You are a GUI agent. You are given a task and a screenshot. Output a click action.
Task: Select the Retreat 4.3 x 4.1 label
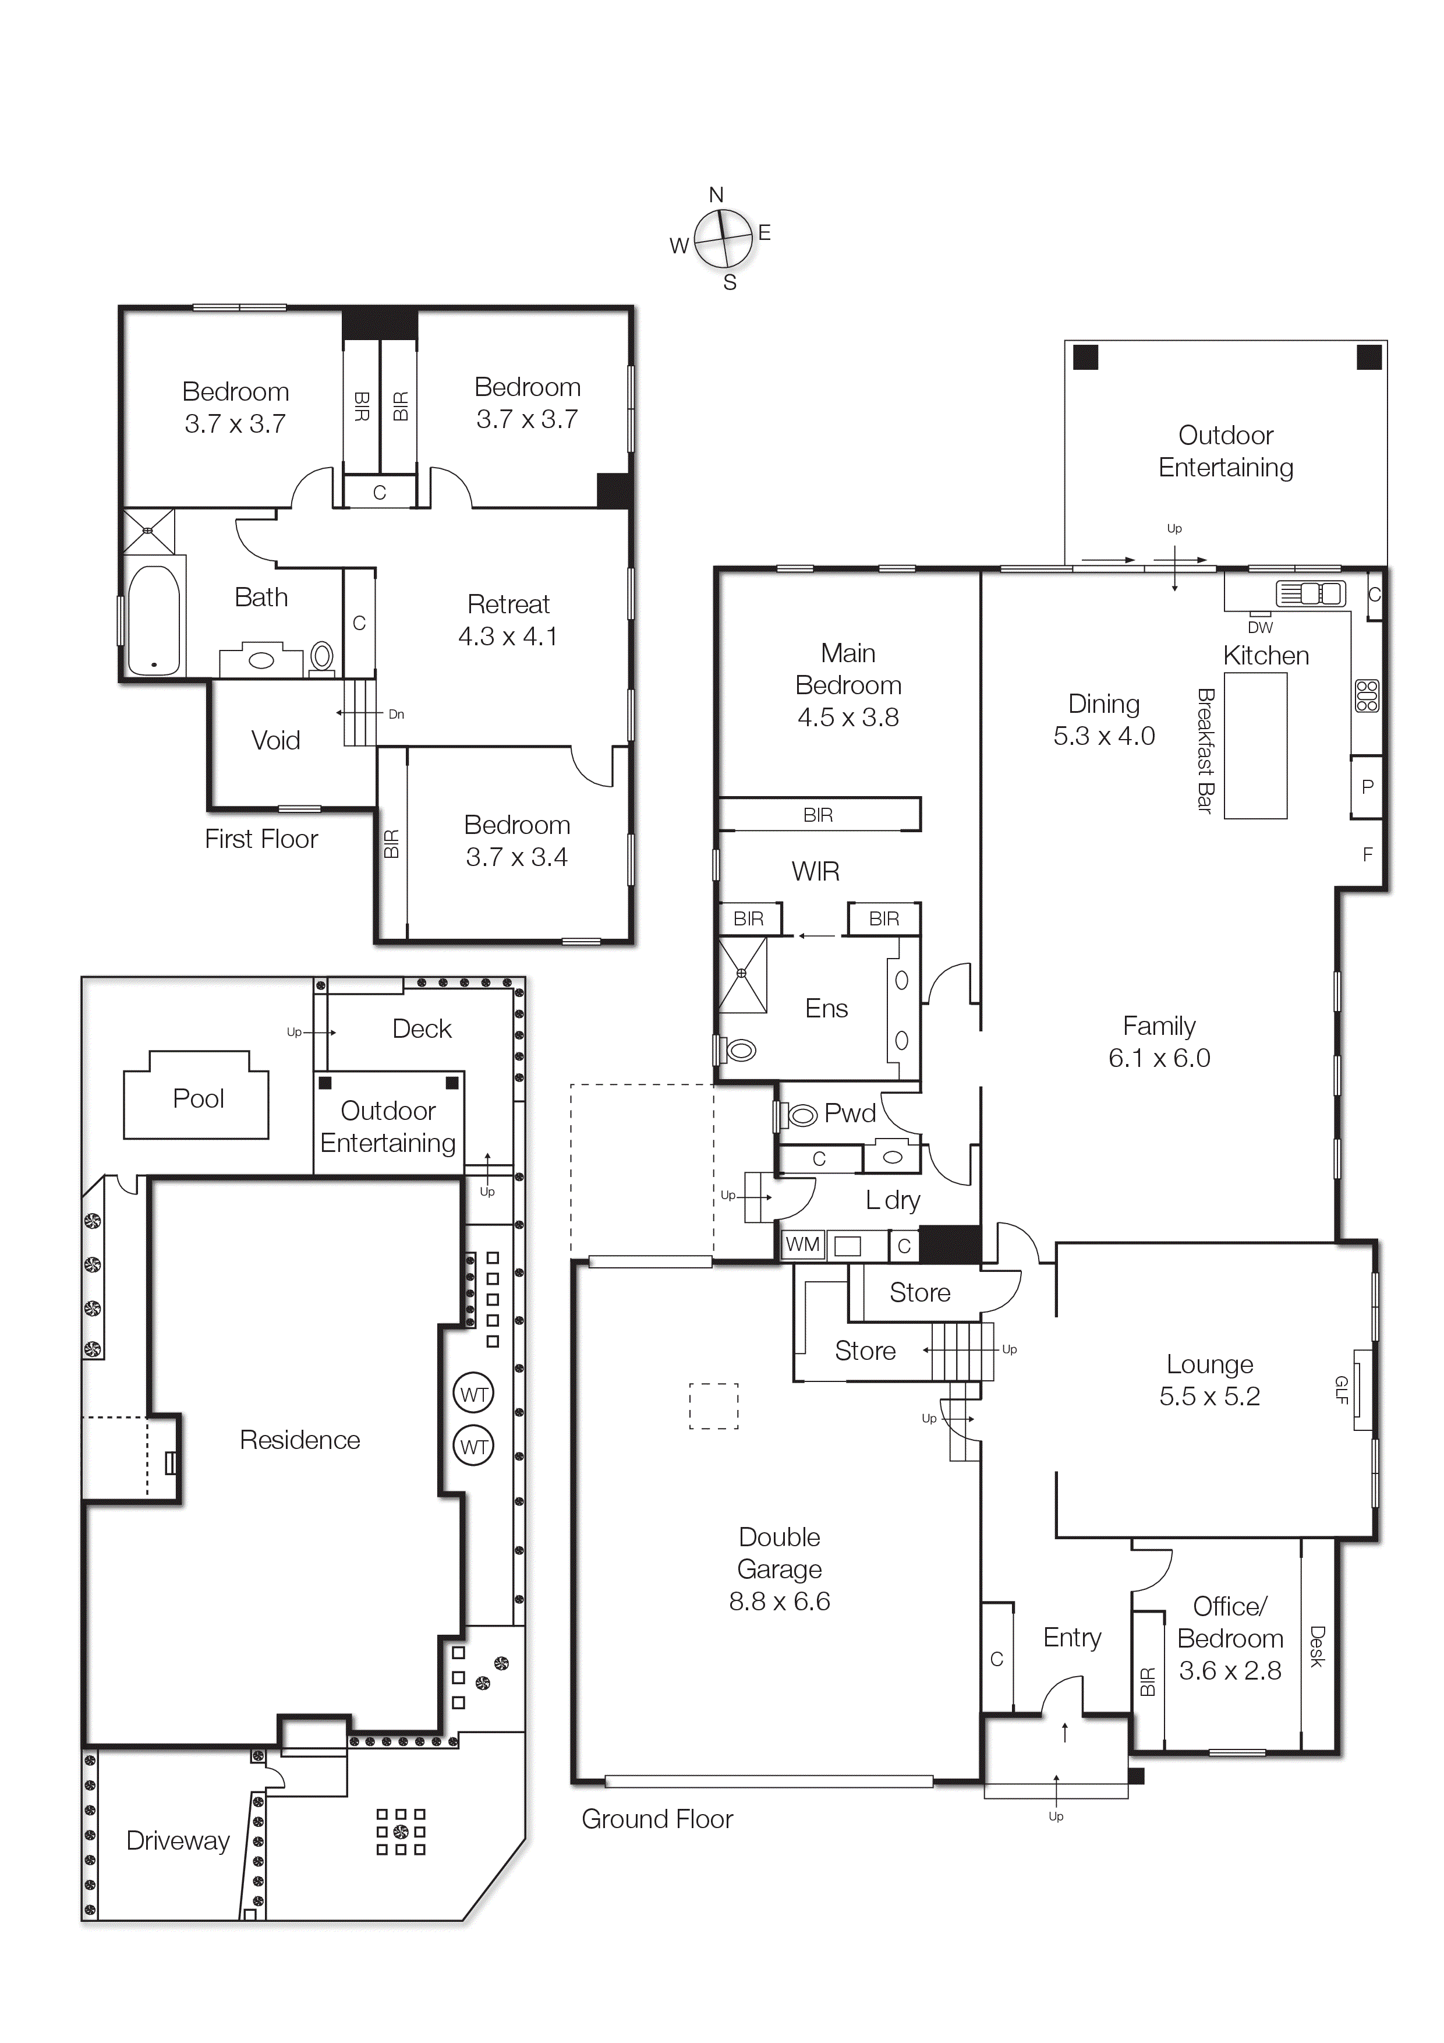pos(508,620)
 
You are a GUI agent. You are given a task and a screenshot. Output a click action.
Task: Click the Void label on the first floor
pos(276,740)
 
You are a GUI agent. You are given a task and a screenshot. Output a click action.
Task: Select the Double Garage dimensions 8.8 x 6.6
pos(780,1602)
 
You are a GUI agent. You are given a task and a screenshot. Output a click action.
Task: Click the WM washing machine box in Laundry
pos(802,1245)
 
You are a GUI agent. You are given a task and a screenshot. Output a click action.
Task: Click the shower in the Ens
pos(742,975)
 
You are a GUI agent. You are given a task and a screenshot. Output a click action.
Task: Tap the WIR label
pos(815,871)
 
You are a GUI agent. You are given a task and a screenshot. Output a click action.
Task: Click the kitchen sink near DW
pos(1309,593)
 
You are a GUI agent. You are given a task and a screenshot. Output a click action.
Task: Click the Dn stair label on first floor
pos(396,713)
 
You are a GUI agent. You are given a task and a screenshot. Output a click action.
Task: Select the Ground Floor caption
pos(657,1820)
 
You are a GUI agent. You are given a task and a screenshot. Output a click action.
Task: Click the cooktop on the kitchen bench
pos(1367,696)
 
